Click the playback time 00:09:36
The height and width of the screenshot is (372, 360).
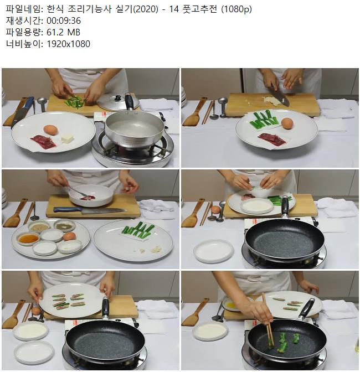click(x=64, y=20)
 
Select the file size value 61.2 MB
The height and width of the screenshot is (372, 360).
click(x=63, y=32)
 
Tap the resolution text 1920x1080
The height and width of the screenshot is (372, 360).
click(x=68, y=44)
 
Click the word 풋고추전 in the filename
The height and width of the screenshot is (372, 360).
click(x=200, y=9)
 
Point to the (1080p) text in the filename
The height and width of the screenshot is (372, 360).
click(x=236, y=9)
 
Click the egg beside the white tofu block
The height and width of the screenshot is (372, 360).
click(x=50, y=130)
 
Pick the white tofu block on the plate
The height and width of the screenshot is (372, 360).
click(x=68, y=138)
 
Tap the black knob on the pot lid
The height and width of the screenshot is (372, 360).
click(x=117, y=98)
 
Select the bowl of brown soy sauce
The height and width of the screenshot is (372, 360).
click(x=28, y=238)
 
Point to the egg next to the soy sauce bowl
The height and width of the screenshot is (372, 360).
click(x=69, y=236)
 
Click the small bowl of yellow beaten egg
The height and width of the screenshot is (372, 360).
click(x=232, y=304)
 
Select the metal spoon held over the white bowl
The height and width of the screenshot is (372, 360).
click(x=77, y=191)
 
